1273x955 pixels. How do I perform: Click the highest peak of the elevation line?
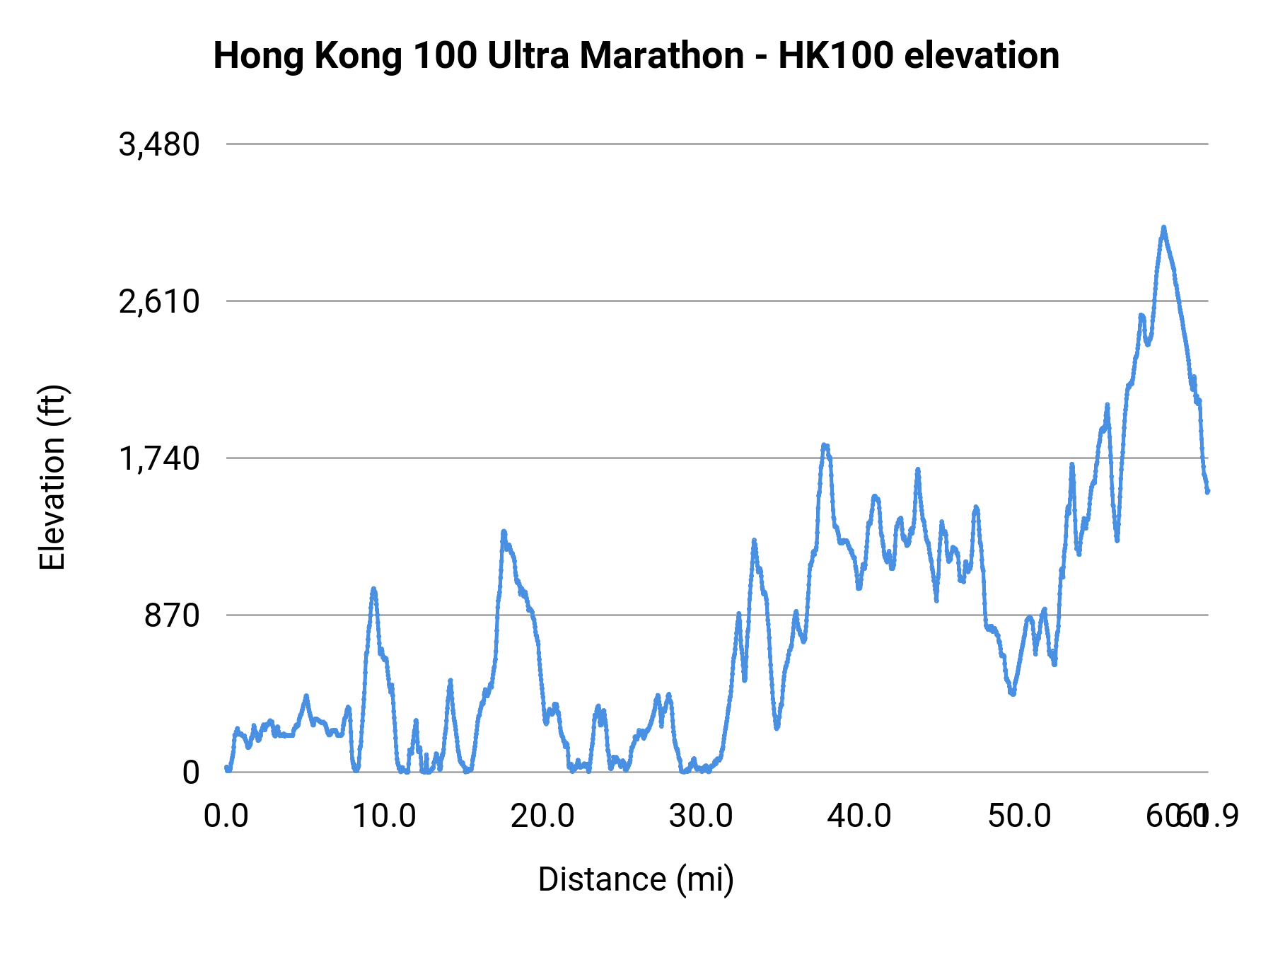[x=1163, y=228]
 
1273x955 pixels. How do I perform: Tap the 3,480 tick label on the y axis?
[x=159, y=145]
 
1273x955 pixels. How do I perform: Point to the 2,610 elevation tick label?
[x=159, y=302]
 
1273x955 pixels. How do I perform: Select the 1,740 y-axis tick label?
[x=159, y=459]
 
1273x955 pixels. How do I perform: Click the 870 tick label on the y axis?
[x=173, y=616]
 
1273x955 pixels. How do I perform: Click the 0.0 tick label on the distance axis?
[x=226, y=816]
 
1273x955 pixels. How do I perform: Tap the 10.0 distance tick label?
[x=384, y=816]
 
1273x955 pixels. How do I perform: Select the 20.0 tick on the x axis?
[x=542, y=816]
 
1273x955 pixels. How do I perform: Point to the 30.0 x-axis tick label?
[x=701, y=816]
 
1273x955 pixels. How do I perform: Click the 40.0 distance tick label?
[x=859, y=816]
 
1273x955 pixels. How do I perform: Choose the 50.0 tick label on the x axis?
[x=1018, y=816]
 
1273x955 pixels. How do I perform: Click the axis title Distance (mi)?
[x=636, y=879]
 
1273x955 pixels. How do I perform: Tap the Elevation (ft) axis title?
[x=52, y=477]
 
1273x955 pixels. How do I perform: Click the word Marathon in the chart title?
[x=661, y=55]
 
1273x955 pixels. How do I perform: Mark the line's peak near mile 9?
[x=373, y=589]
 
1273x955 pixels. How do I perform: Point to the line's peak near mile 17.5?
[x=504, y=531]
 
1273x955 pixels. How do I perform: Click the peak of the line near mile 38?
[x=824, y=445]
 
